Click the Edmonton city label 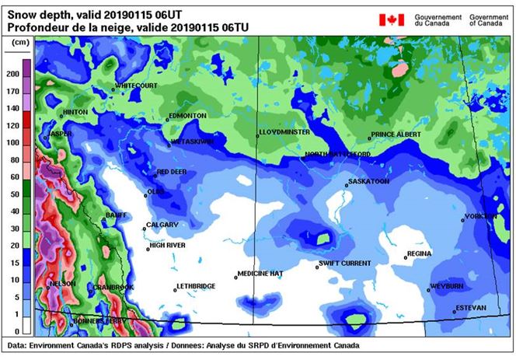pos(187,115)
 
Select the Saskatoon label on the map pos(368,181)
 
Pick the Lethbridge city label pos(197,286)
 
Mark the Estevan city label pos(471,308)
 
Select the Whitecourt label pos(136,85)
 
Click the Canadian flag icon pos(392,19)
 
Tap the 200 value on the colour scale pos(13,74)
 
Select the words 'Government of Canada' pos(490,19)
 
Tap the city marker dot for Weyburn pos(428,290)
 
